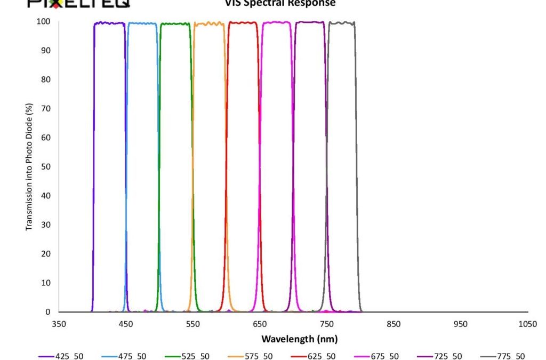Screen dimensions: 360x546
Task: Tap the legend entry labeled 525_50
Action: click(195, 356)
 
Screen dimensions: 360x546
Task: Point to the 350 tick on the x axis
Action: click(59, 324)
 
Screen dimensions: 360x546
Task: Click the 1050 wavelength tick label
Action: click(528, 324)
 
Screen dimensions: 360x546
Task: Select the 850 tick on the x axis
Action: click(394, 324)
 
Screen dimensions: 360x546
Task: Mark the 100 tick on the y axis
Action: click(44, 22)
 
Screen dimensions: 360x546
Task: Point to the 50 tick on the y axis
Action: click(46, 167)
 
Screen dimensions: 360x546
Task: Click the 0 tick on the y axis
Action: click(48, 312)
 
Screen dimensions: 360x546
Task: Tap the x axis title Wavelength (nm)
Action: click(299, 339)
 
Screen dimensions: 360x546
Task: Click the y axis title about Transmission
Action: click(29, 166)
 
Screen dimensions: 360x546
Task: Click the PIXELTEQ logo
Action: click(78, 4)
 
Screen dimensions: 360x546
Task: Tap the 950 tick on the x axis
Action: click(461, 324)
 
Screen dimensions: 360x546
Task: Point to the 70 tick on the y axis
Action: click(46, 109)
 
